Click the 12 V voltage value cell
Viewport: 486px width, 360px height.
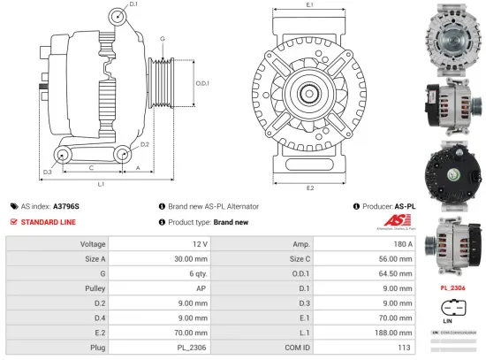(199, 243)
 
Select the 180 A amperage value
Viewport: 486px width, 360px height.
(402, 243)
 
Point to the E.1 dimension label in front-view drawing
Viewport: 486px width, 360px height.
(310, 6)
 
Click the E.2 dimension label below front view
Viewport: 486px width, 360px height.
(310, 188)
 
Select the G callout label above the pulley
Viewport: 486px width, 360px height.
(163, 40)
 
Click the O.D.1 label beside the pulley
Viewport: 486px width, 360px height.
(201, 83)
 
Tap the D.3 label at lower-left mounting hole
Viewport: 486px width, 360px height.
(47, 171)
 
